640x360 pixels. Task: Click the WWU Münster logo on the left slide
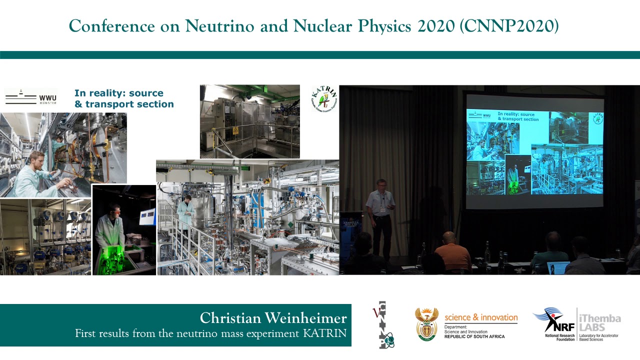(30, 97)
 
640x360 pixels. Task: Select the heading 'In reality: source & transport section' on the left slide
(123, 98)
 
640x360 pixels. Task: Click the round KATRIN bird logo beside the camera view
(323, 99)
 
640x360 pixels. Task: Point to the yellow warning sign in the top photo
(235, 130)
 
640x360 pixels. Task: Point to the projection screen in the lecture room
(534, 150)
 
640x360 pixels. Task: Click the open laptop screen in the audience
(558, 267)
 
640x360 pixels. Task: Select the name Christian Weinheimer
(273, 318)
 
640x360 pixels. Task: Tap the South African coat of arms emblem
(426, 323)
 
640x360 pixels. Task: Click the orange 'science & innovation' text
(481, 317)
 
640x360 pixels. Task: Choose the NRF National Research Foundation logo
(552, 323)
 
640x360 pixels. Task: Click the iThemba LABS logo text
(599, 323)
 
